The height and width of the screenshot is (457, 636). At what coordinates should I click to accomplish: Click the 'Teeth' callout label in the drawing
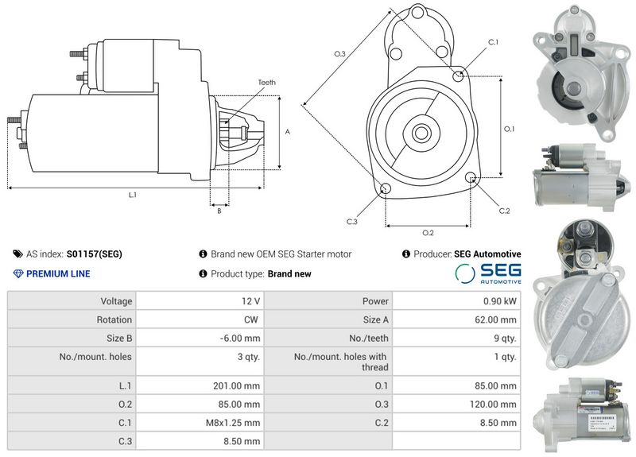(x=266, y=83)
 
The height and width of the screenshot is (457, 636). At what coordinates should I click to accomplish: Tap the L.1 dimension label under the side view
(x=133, y=195)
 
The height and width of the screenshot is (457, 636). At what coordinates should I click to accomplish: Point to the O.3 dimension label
(x=339, y=53)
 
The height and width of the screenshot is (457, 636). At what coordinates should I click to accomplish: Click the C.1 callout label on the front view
(x=493, y=41)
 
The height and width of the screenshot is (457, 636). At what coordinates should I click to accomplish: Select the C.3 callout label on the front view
(x=351, y=222)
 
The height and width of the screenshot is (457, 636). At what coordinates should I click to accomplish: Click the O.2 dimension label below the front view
(x=428, y=233)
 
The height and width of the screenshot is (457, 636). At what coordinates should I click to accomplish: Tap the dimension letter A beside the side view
(x=287, y=132)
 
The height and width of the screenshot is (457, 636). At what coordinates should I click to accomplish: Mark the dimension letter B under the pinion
(x=219, y=211)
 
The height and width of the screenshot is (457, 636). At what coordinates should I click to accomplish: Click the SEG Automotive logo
(x=488, y=273)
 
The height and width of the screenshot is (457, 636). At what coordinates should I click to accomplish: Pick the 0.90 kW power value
(x=500, y=301)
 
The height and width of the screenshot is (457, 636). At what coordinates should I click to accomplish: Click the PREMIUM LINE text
(x=58, y=274)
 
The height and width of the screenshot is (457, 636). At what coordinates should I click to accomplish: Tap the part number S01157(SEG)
(x=95, y=254)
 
